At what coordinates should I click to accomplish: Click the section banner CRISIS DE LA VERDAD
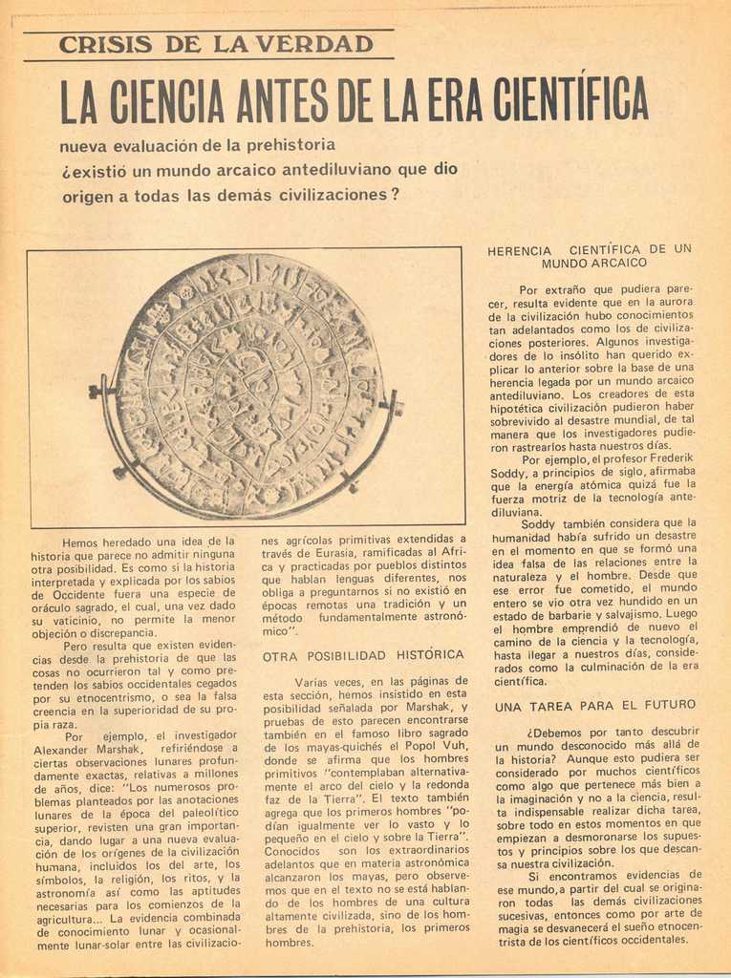click(x=216, y=44)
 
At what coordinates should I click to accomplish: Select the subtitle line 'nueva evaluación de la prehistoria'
click(x=197, y=145)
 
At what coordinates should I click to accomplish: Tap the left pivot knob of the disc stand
click(x=95, y=391)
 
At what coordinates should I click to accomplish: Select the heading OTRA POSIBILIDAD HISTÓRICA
click(x=362, y=655)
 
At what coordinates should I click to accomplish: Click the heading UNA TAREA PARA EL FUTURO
click(x=594, y=705)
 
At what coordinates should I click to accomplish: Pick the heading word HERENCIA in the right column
click(x=519, y=250)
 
